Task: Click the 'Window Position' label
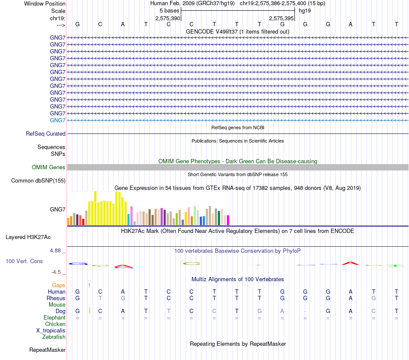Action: (x=45, y=3)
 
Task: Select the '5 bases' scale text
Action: (x=169, y=10)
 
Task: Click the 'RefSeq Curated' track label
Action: (x=46, y=134)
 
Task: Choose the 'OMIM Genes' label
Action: (x=49, y=168)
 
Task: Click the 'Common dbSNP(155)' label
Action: (x=38, y=181)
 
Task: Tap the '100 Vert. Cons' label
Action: (x=25, y=261)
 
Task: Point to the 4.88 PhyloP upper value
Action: (x=57, y=250)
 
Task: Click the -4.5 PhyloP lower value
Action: (x=58, y=272)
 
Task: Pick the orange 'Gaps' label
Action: (x=59, y=285)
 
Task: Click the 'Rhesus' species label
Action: (x=56, y=298)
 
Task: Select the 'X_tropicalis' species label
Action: (x=51, y=330)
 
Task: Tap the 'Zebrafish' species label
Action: (x=54, y=337)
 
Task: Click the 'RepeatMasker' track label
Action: (x=47, y=350)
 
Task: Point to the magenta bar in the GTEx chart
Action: (x=228, y=220)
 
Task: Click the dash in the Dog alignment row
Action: (x=305, y=311)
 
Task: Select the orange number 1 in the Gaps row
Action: (x=89, y=285)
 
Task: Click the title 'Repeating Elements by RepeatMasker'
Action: (x=238, y=344)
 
